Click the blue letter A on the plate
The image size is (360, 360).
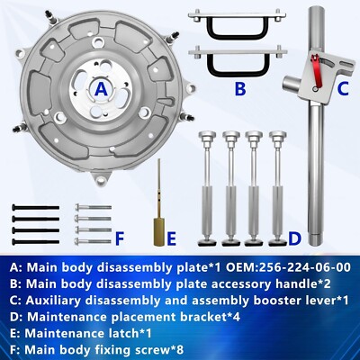pyautogui.click(x=102, y=89)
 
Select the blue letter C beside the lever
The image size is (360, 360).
pyautogui.click(x=343, y=89)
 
